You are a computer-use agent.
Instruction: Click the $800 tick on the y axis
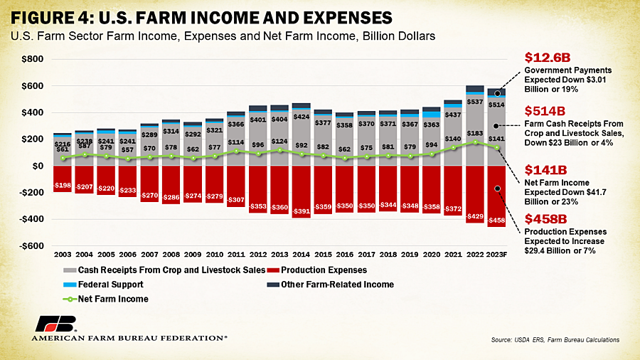(32, 59)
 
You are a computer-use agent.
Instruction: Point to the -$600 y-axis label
(31, 246)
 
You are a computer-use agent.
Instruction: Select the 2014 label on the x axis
(302, 255)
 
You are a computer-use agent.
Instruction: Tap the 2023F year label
(496, 255)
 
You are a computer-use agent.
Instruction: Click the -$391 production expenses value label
(302, 211)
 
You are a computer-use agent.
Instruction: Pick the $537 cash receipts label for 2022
(475, 102)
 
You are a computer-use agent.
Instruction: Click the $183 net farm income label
(475, 133)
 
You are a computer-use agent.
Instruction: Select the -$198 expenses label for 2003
(63, 185)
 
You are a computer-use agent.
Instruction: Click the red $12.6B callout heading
(548, 58)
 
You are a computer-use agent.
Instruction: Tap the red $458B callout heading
(545, 219)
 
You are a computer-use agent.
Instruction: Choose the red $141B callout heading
(545, 170)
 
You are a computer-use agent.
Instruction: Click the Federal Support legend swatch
(70, 285)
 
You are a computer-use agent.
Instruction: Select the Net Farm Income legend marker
(70, 300)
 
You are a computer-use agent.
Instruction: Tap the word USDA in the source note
(523, 339)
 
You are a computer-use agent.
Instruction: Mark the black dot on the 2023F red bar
(498, 189)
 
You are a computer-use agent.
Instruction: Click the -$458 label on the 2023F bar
(497, 221)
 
